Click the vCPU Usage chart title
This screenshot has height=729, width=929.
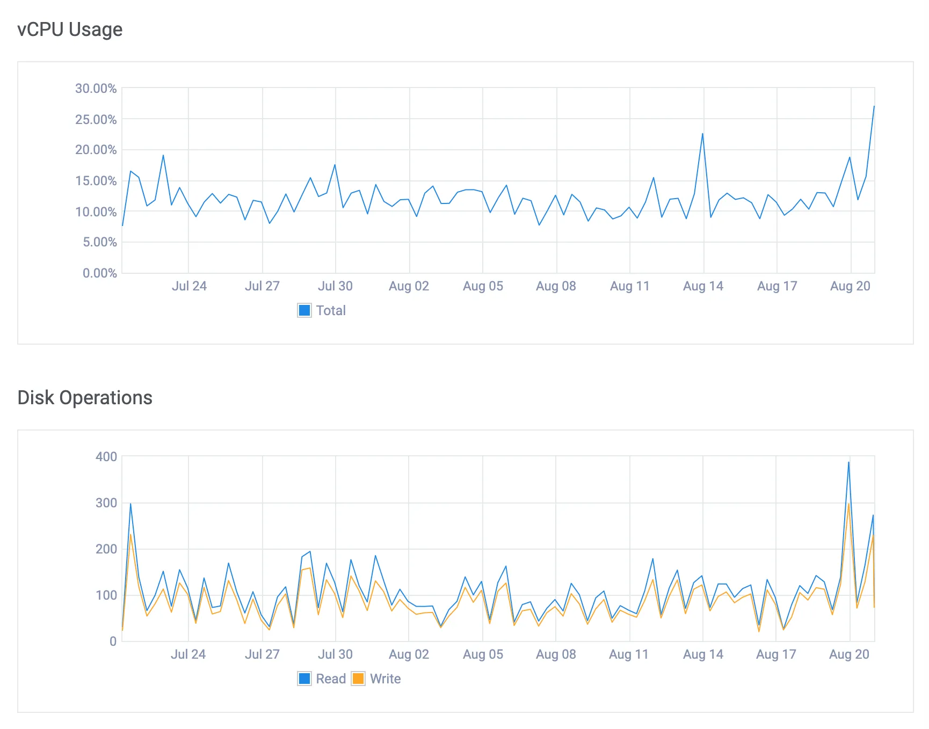(70, 30)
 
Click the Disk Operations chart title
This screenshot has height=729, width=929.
(85, 398)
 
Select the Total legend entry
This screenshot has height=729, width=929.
(322, 310)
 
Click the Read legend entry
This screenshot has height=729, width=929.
(322, 679)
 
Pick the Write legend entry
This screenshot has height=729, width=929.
(376, 679)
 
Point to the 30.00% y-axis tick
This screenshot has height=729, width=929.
(96, 89)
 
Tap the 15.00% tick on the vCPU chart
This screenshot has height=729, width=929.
(96, 181)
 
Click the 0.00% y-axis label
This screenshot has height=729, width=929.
(100, 273)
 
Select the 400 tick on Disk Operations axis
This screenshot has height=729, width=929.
(106, 457)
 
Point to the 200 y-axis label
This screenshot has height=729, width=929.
(106, 549)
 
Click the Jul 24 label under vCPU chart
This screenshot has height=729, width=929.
(189, 286)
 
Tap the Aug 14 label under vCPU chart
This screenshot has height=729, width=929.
(703, 286)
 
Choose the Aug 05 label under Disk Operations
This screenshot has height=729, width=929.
(483, 654)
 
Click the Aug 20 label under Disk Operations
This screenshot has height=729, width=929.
(849, 654)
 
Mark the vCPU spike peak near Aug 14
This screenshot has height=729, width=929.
(702, 134)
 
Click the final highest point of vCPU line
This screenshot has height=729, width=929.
(874, 106)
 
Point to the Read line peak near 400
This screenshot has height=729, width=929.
(848, 462)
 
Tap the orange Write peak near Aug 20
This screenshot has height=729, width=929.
(848, 504)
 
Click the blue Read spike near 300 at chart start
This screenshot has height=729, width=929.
(130, 504)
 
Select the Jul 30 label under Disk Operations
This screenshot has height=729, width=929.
(335, 654)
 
